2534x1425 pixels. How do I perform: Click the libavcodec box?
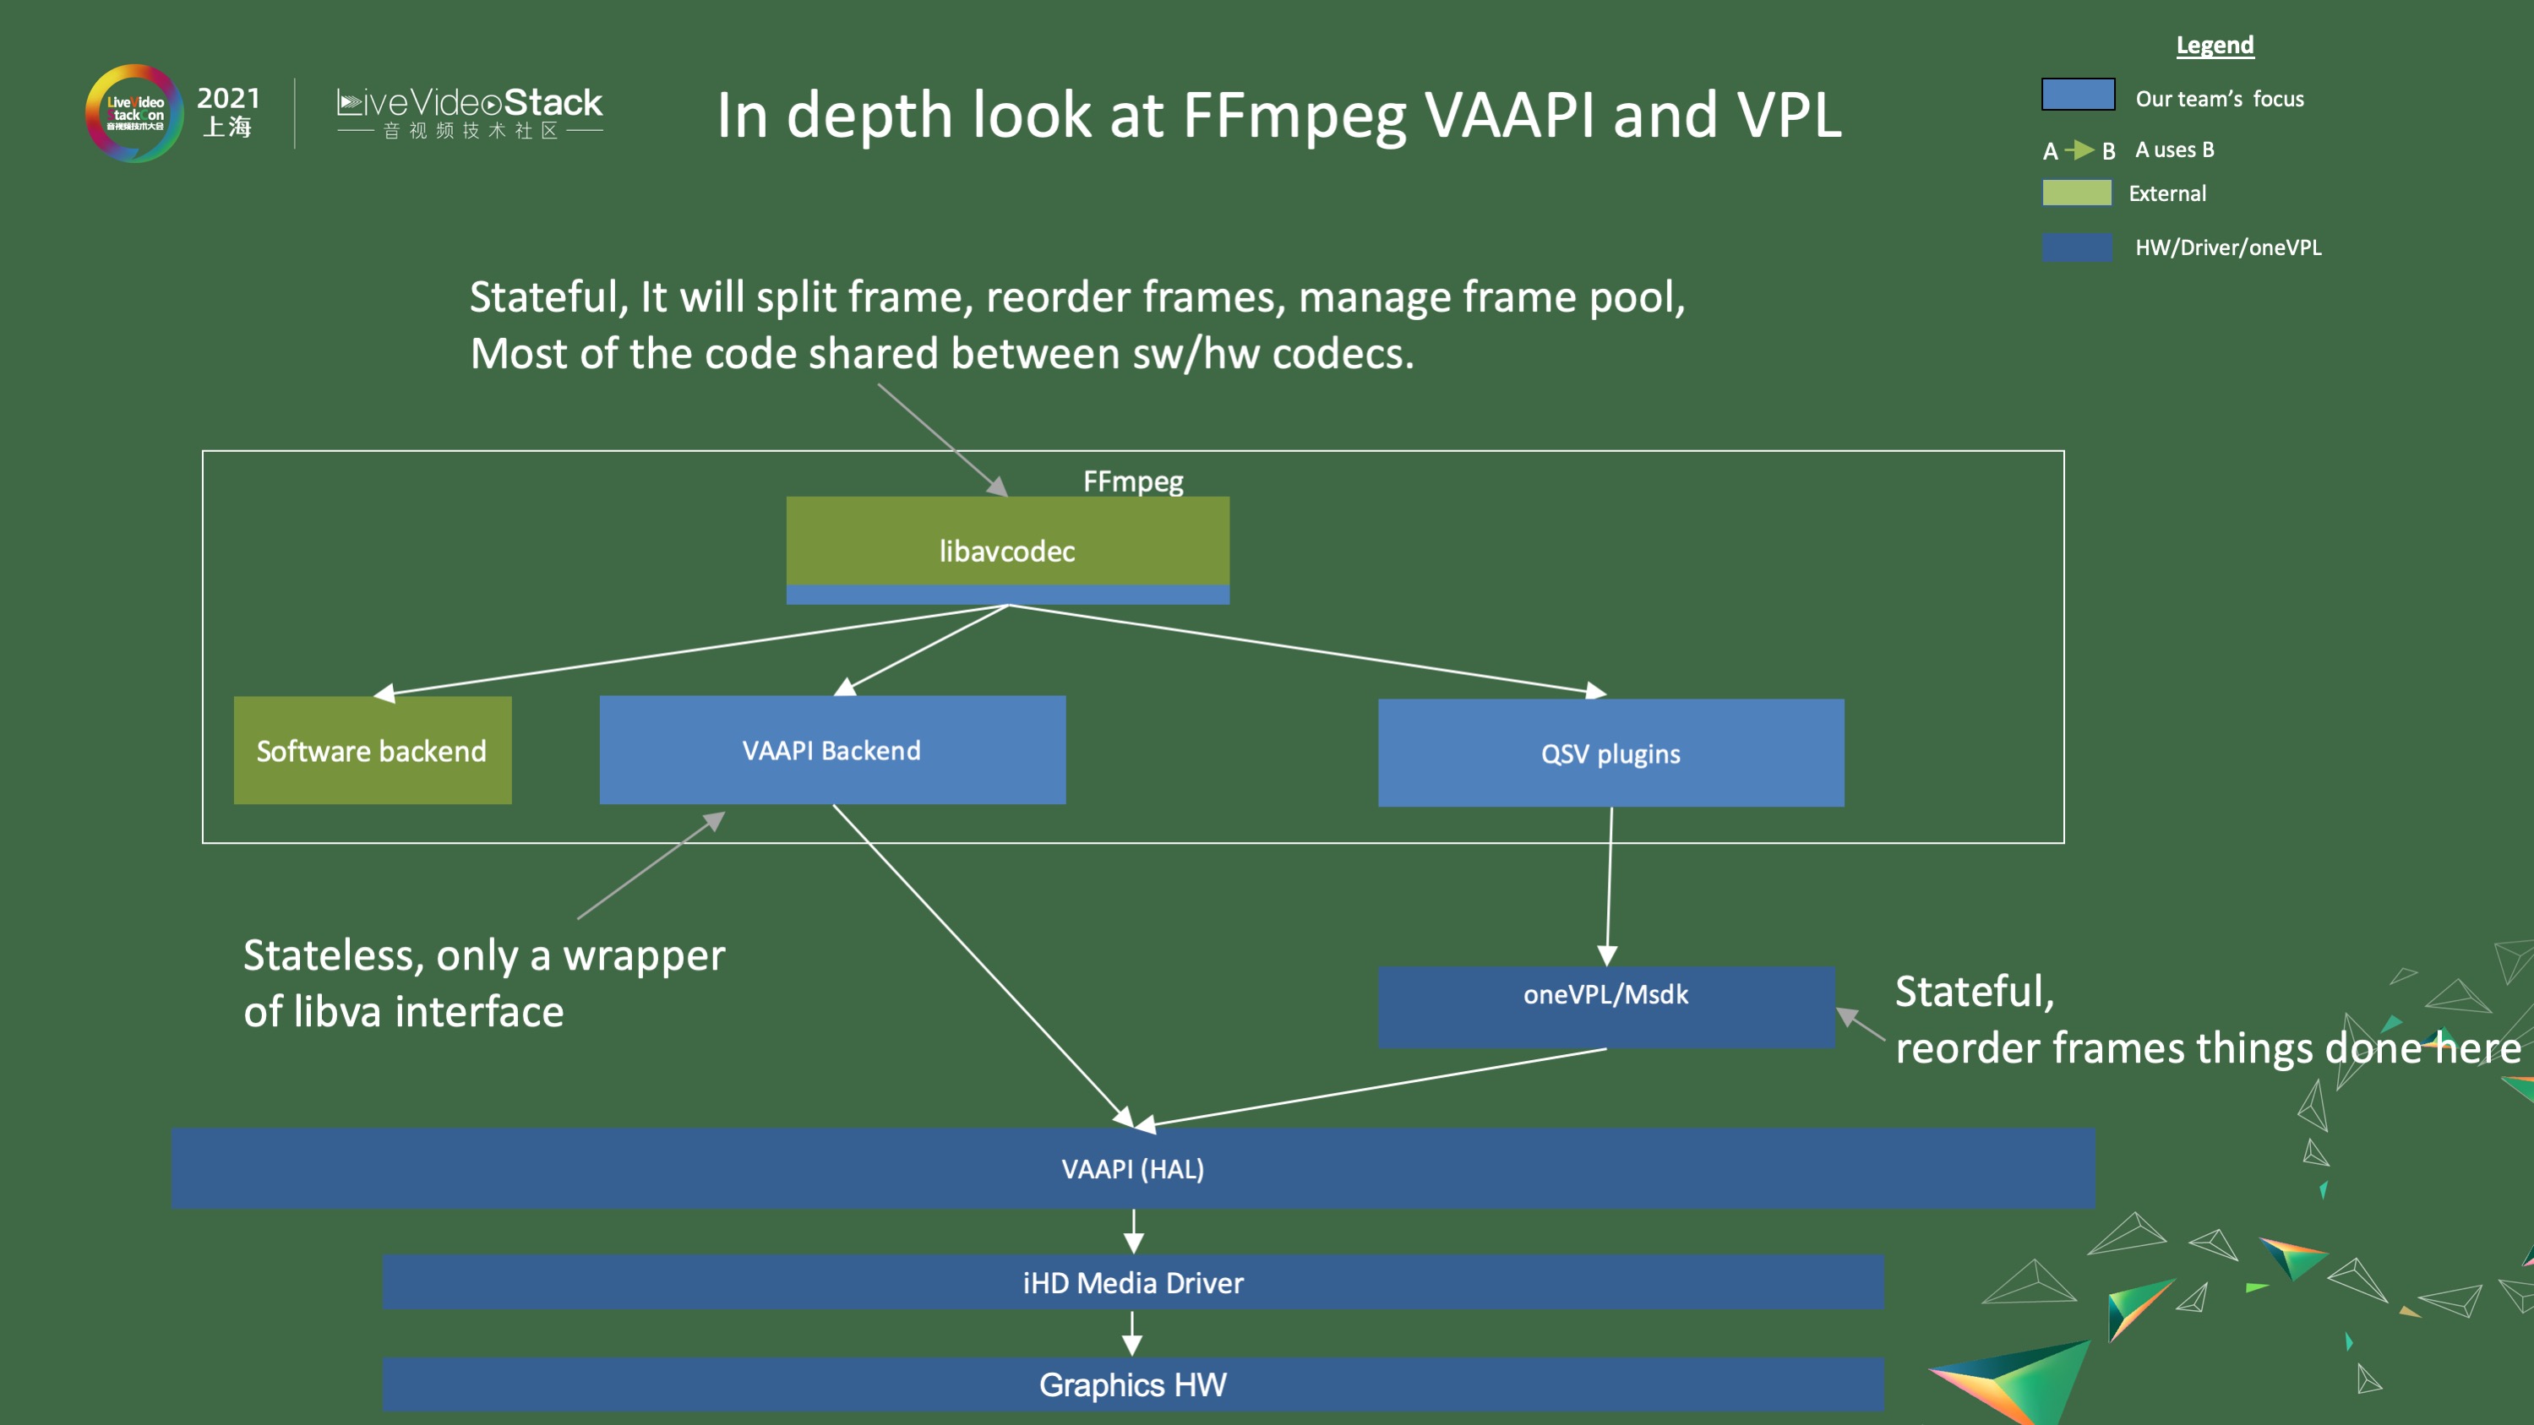1007,549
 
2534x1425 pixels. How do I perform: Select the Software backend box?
372,750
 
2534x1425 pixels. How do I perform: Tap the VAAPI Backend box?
832,750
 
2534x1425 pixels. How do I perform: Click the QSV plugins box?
1610,753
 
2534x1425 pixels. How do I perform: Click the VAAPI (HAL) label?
1132,1168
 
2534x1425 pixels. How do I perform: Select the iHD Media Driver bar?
1132,1282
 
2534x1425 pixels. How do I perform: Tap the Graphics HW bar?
1132,1384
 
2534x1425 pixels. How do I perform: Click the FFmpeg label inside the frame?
1132,481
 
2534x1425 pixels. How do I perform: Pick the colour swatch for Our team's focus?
2078,95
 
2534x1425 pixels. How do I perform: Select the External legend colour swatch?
2077,193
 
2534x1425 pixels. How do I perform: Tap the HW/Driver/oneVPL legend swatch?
2077,247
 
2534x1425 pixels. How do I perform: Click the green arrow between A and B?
2079,150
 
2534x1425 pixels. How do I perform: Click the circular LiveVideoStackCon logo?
134,114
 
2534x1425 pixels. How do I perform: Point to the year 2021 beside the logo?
228,98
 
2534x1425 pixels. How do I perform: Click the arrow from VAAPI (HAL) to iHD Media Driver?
1133,1232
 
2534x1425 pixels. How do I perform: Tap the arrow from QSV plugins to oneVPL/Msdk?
1610,885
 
